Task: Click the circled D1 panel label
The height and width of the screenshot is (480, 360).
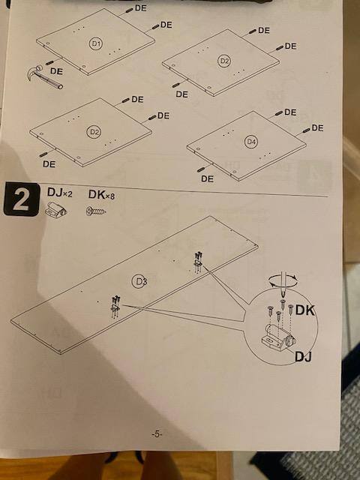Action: tap(96, 43)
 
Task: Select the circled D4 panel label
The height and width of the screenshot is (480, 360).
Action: tap(251, 142)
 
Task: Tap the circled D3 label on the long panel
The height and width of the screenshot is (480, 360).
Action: tap(139, 281)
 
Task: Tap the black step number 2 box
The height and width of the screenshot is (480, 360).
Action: tap(22, 199)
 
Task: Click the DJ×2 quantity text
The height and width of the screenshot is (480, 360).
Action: tap(60, 193)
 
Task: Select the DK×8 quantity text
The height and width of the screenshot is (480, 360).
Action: tap(101, 194)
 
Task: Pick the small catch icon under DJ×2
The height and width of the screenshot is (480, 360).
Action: tap(55, 210)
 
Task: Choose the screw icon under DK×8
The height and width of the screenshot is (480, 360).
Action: tap(96, 211)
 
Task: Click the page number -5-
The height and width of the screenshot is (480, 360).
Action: tap(157, 433)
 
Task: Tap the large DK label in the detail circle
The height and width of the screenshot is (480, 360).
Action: tap(305, 310)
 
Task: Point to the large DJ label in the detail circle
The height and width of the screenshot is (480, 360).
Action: tap(303, 357)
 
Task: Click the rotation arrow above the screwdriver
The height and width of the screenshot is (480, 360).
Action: tap(283, 280)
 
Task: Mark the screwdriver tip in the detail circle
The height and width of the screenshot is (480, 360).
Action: tap(283, 295)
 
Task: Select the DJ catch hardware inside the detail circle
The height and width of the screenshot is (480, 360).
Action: tap(279, 337)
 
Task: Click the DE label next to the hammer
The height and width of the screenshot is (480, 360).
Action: tap(56, 71)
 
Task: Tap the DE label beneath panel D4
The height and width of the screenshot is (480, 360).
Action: tap(207, 178)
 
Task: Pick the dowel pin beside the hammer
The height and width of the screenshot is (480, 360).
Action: tap(50, 63)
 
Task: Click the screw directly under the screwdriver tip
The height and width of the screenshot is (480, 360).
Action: tap(283, 304)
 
